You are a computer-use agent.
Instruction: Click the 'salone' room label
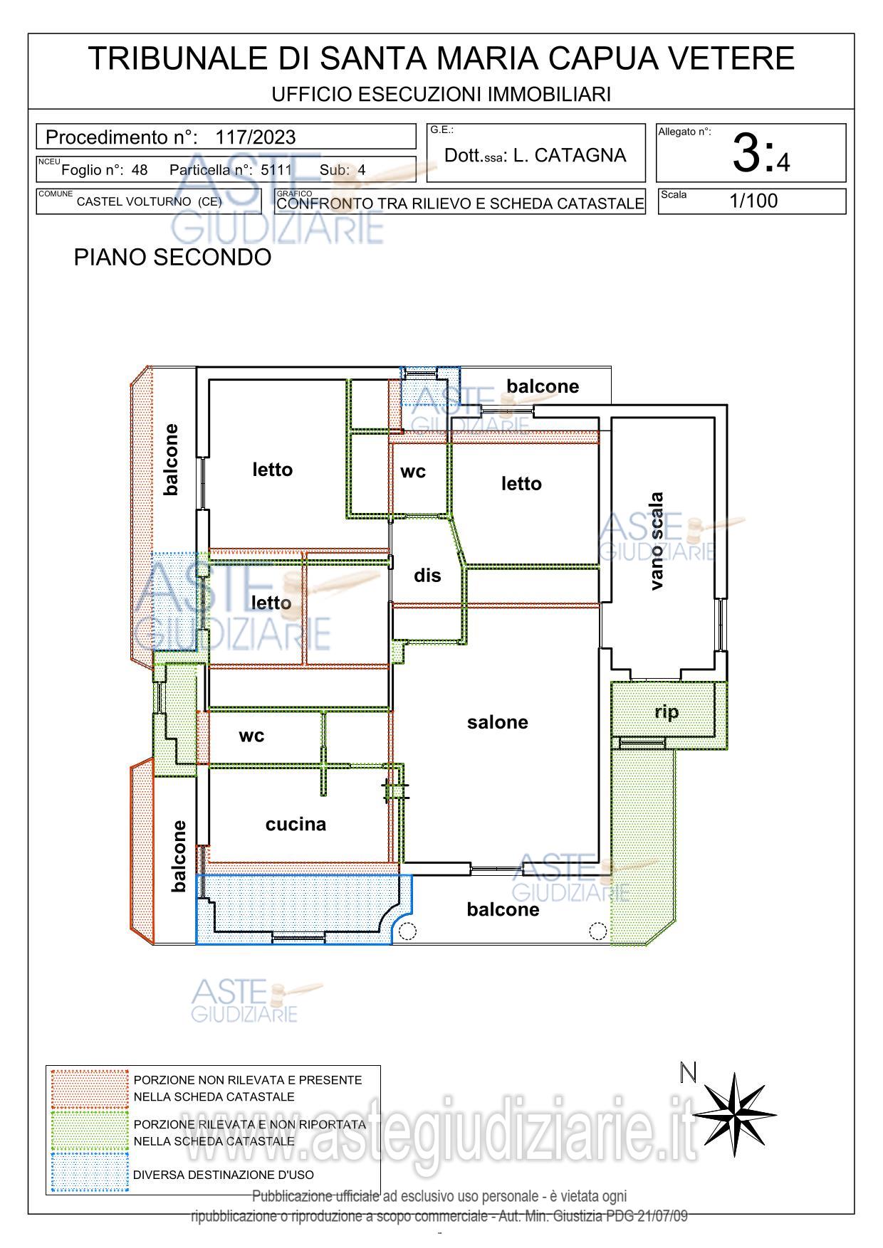498,722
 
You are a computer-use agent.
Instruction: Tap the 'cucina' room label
296,824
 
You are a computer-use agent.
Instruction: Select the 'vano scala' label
657,541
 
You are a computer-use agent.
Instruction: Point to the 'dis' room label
427,575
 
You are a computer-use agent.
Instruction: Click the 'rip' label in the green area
667,712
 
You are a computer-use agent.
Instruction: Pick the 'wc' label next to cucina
251,736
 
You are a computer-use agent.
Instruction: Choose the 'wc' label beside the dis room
413,472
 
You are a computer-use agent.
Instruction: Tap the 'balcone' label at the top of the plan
543,386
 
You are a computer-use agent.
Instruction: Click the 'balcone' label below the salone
503,909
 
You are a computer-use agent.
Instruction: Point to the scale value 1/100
753,201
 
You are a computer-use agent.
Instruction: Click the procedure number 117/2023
256,137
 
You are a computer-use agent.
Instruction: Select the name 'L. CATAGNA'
570,155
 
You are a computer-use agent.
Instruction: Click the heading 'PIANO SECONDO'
172,257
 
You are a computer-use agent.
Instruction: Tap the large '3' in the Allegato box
746,153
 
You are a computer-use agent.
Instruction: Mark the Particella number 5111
276,170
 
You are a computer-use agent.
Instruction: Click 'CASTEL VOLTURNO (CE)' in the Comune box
150,201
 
